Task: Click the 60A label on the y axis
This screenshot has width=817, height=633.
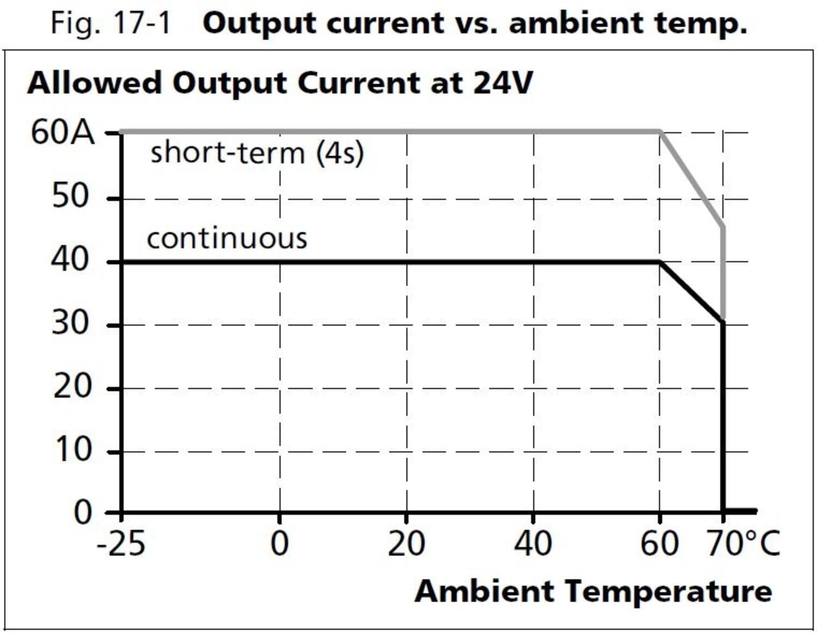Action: click(x=63, y=132)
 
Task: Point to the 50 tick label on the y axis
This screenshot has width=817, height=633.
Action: click(x=70, y=196)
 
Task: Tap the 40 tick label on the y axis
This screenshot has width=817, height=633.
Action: click(x=70, y=260)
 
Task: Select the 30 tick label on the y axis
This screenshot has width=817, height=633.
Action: click(x=70, y=324)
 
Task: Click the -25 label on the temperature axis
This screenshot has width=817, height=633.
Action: click(x=121, y=544)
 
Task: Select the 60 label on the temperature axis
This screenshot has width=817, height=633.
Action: click(x=659, y=544)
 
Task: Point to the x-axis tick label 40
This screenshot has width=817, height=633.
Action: click(x=533, y=544)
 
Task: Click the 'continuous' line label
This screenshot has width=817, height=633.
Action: click(x=227, y=238)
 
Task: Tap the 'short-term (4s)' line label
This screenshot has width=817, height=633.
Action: click(x=257, y=152)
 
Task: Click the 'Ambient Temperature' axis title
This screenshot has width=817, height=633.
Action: click(x=593, y=591)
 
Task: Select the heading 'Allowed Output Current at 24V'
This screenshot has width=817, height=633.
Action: click(x=280, y=83)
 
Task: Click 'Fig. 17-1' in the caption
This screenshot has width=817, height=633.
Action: click(x=111, y=23)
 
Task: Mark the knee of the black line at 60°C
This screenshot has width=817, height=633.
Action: click(x=660, y=262)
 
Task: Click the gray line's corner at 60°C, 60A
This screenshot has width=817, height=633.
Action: click(x=660, y=132)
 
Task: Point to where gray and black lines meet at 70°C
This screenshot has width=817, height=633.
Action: click(x=723, y=321)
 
